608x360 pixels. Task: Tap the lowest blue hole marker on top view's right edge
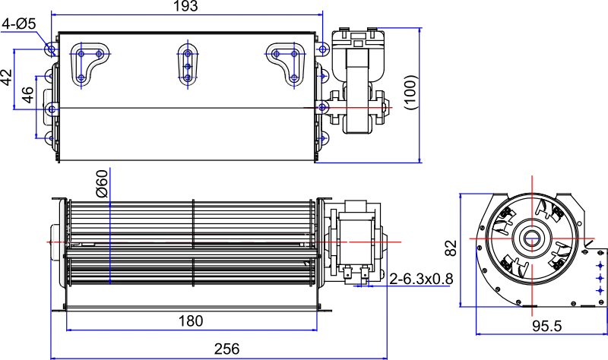324,138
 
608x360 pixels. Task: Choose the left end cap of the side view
55,241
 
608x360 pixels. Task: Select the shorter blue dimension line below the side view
190,330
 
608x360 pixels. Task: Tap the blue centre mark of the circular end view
531,239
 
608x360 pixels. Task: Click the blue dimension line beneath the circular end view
540,333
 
